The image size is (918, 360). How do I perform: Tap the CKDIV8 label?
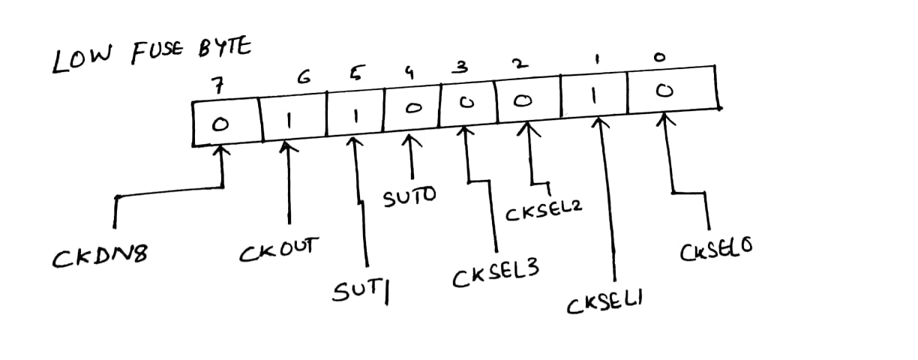(99, 259)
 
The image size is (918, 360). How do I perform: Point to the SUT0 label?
(409, 199)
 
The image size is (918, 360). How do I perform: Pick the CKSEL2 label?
(544, 214)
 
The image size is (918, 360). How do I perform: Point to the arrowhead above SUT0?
(410, 140)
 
